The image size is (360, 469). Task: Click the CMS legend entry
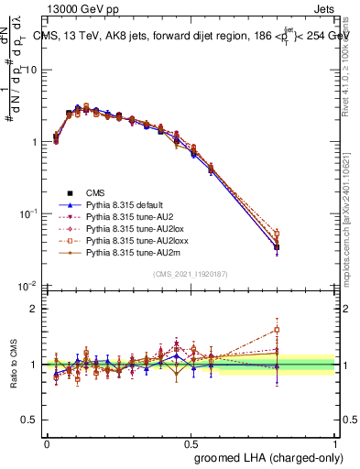(x=96, y=192)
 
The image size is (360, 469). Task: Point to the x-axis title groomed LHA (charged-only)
(x=264, y=456)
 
